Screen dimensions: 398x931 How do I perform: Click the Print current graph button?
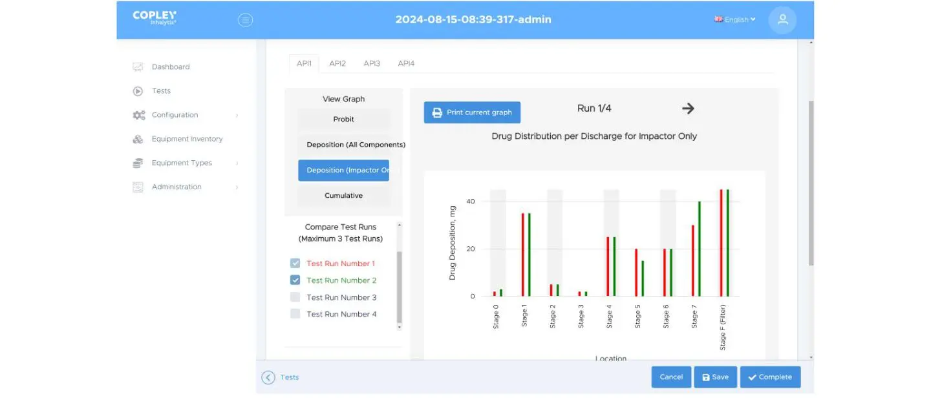pos(472,112)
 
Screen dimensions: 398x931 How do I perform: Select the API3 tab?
pos(372,63)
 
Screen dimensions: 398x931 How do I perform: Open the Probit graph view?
pos(343,120)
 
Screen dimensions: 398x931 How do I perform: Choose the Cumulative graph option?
pos(343,196)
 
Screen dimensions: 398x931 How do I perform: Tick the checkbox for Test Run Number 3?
pos(295,297)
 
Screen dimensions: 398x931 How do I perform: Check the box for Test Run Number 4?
pos(295,314)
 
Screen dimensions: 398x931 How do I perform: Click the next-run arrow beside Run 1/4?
pos(688,109)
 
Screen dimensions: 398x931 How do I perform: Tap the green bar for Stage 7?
pos(699,249)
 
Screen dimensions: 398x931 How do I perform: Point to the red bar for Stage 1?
pos(523,255)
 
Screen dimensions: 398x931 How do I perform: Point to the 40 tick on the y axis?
pos(471,202)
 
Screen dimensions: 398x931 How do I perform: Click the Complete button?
pos(770,377)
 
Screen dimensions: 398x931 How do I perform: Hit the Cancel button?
pos(671,377)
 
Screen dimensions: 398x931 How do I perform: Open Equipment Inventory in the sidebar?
pos(187,139)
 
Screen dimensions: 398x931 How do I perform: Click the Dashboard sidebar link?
pos(171,67)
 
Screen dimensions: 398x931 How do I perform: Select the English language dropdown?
pos(735,20)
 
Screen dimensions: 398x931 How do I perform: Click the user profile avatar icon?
pos(782,20)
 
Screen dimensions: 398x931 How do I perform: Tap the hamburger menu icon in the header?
pos(246,20)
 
